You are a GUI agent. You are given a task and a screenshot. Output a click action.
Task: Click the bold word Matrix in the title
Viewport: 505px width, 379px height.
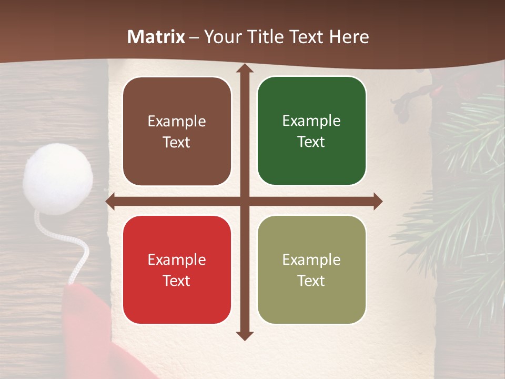tap(156, 37)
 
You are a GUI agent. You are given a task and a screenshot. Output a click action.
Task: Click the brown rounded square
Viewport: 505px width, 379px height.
tap(177, 131)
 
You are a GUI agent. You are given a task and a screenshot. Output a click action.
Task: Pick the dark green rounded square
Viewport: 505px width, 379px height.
tap(311, 131)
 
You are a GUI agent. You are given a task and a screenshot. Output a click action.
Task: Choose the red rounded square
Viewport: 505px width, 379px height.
tap(177, 270)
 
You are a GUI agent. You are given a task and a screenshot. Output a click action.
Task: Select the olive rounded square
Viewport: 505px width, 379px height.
tap(311, 270)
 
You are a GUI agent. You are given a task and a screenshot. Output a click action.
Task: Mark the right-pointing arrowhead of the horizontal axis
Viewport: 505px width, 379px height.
tap(377, 202)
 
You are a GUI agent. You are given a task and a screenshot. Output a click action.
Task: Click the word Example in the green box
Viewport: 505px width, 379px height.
tap(311, 121)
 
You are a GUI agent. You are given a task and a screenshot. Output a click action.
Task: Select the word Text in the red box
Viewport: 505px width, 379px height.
tap(177, 281)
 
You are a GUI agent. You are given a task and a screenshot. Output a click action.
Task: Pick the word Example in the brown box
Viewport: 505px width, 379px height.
tap(177, 121)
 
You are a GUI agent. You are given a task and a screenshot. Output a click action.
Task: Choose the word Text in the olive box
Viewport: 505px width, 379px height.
tap(311, 281)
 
